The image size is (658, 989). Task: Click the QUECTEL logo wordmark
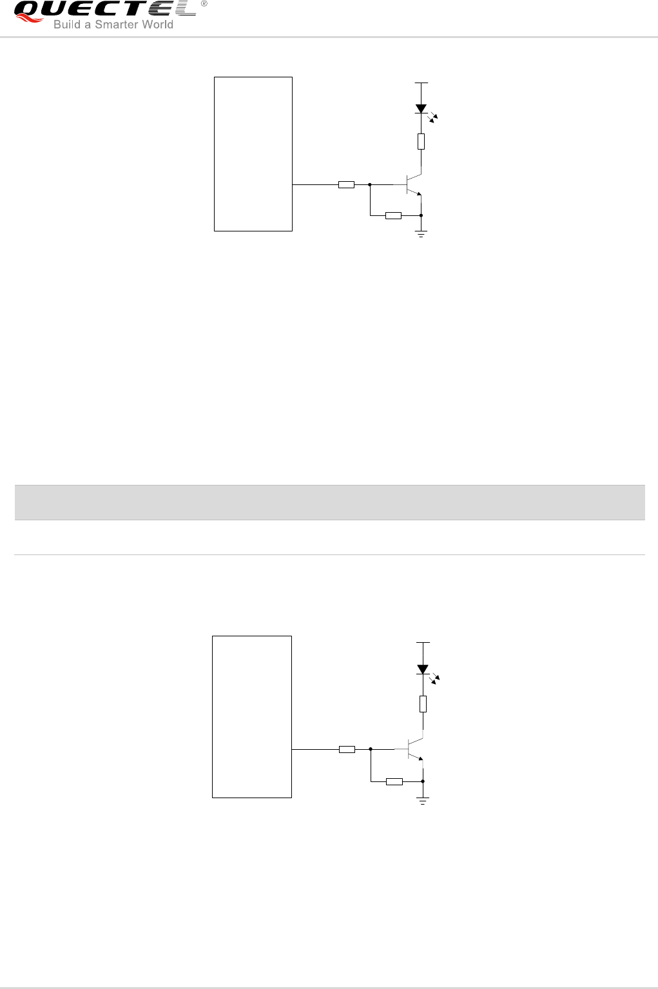click(104, 10)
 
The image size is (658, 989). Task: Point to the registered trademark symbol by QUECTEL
click(204, 4)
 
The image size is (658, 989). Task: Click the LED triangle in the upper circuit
click(421, 109)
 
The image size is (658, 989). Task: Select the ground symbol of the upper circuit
click(421, 233)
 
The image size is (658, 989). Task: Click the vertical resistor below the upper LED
click(421, 141)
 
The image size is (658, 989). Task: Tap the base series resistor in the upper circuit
click(346, 185)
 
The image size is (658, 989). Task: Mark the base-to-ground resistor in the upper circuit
click(393, 215)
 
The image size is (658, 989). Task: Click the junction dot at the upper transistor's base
click(370, 184)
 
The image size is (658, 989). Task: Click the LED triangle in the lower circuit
click(423, 669)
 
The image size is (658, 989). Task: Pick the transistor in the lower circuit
click(414, 750)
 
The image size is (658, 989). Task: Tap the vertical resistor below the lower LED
click(423, 704)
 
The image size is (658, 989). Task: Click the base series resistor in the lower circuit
click(347, 750)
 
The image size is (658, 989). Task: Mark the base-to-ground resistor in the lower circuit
click(394, 781)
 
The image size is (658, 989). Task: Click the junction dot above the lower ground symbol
click(423, 781)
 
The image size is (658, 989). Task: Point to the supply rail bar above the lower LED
click(423, 643)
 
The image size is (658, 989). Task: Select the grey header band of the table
click(329, 502)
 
